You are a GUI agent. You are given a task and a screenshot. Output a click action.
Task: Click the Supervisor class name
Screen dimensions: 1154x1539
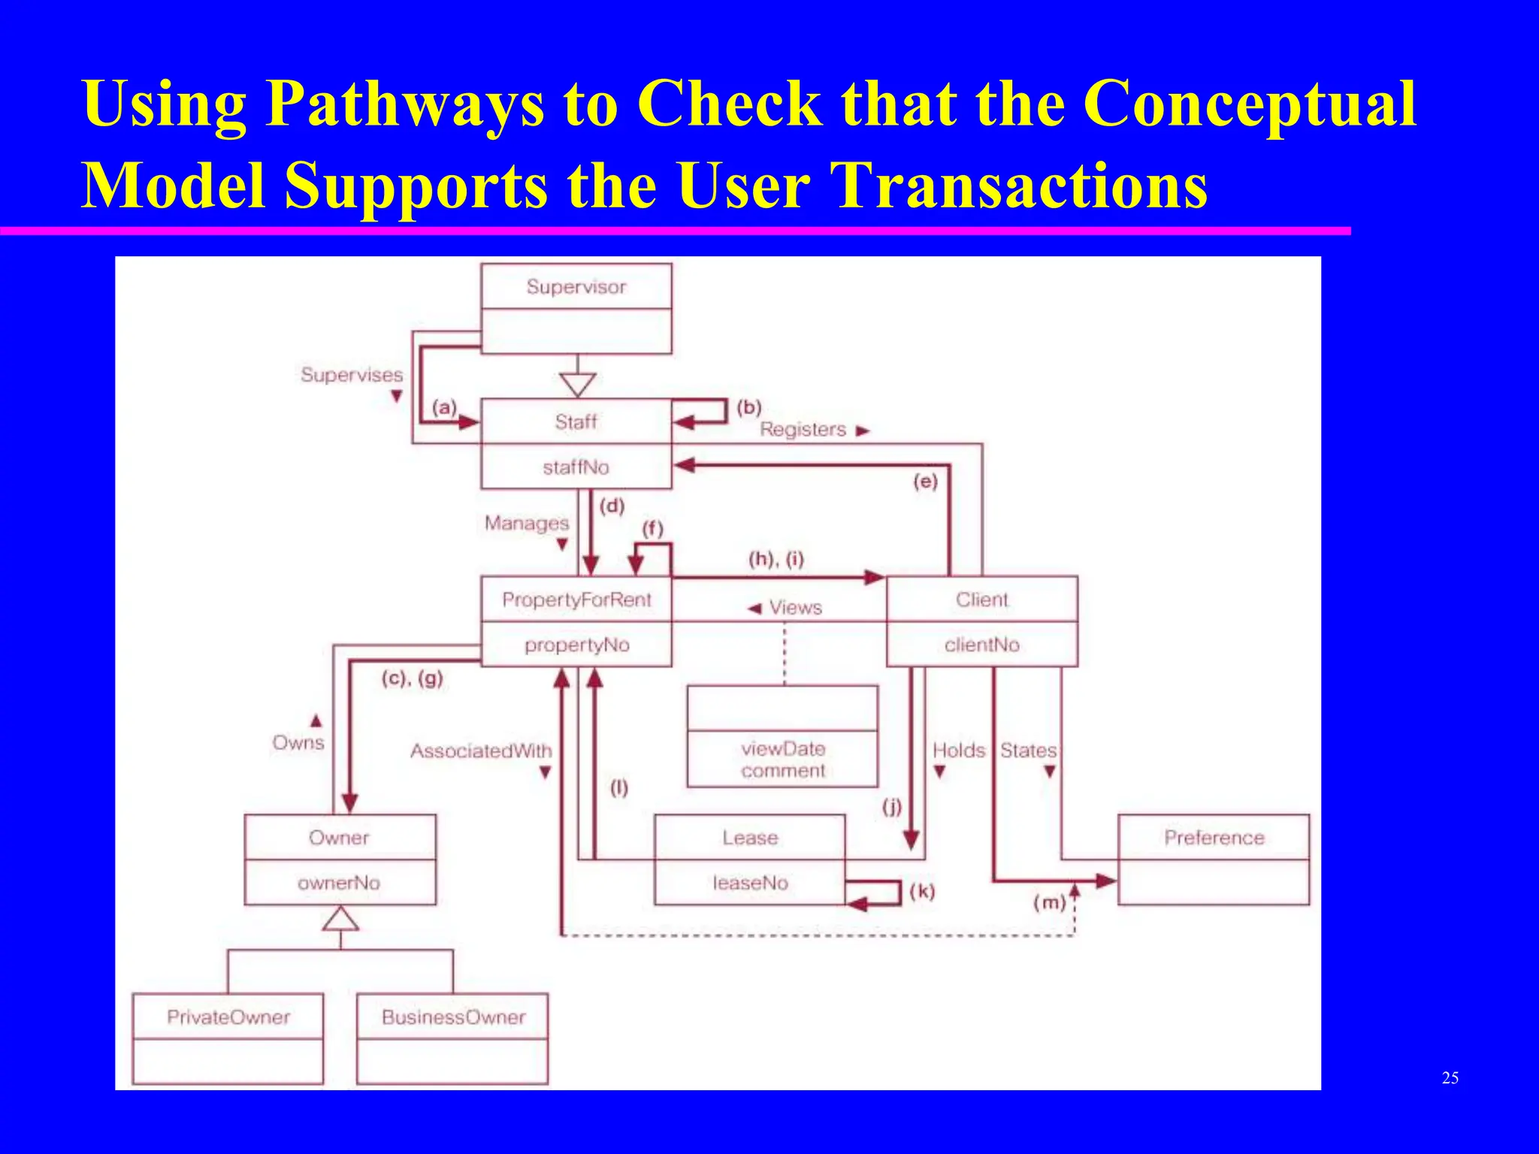click(x=576, y=286)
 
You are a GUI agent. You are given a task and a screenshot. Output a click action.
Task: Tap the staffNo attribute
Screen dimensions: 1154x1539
click(x=576, y=467)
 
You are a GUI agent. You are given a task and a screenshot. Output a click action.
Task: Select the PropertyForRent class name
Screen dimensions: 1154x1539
click(x=576, y=600)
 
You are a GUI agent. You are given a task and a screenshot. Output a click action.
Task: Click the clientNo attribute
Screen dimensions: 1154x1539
click(x=981, y=645)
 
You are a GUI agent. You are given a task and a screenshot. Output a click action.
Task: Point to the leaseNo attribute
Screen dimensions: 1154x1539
click(x=750, y=883)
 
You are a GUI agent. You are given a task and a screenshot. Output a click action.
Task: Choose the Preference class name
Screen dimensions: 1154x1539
click(x=1214, y=838)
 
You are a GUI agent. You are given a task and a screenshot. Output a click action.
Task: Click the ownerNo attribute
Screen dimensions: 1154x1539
click(x=339, y=883)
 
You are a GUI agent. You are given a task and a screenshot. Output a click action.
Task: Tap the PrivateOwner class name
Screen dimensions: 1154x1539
click(x=228, y=1017)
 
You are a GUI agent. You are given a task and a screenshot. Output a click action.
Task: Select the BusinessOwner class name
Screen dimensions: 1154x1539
click(x=453, y=1017)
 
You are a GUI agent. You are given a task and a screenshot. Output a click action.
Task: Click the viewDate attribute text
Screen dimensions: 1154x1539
click(x=783, y=748)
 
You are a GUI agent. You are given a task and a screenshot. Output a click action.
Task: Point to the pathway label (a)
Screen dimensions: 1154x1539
click(x=444, y=407)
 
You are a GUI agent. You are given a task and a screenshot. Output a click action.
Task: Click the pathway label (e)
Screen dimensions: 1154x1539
click(x=925, y=481)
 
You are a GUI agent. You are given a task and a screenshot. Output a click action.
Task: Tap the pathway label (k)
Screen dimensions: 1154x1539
click(x=922, y=892)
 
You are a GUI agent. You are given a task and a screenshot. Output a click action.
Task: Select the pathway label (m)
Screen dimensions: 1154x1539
click(x=1049, y=902)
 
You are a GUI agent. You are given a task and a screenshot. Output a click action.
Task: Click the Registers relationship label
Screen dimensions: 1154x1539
click(x=803, y=429)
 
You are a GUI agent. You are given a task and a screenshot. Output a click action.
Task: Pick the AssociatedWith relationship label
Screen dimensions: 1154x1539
click(x=481, y=751)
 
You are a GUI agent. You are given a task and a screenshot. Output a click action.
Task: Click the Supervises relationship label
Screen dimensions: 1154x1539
click(x=352, y=374)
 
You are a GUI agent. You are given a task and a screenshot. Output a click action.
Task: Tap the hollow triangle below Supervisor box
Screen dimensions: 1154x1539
click(x=577, y=384)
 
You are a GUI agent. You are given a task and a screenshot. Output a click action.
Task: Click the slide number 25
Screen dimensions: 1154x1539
click(x=1450, y=1078)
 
